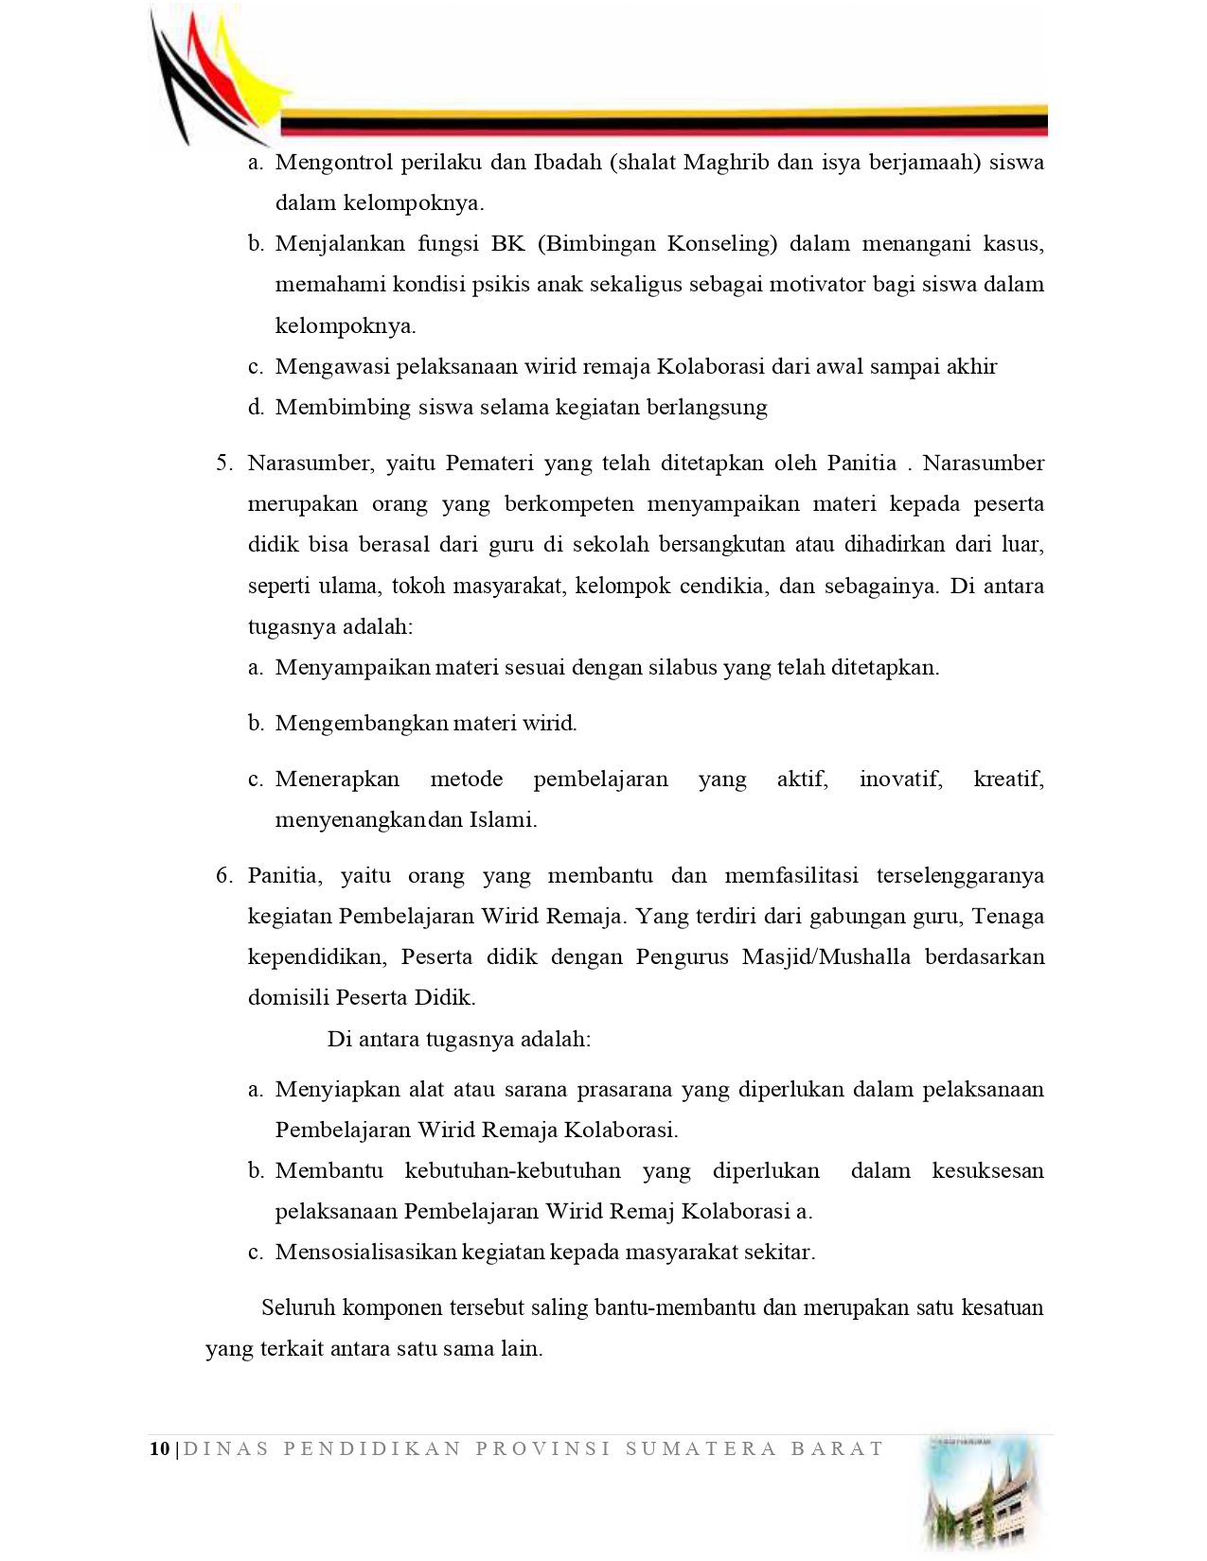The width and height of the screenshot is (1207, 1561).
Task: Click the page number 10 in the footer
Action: coord(159,1448)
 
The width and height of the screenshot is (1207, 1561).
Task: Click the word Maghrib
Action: coord(726,162)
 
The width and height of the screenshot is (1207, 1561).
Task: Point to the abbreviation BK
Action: coord(507,244)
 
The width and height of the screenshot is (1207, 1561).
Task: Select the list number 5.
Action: coord(223,463)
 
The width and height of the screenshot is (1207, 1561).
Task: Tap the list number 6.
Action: coord(223,875)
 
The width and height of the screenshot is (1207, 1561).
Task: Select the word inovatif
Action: coord(900,780)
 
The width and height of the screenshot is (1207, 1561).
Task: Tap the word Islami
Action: coord(503,820)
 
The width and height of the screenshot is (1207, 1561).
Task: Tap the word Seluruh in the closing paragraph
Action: coord(298,1308)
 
